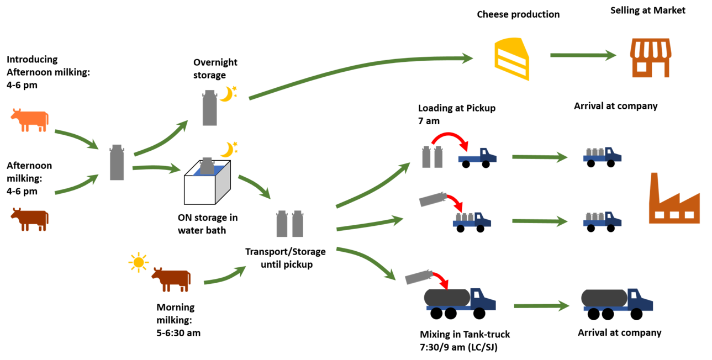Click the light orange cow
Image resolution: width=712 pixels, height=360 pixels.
click(30, 120)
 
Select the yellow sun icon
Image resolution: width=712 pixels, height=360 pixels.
click(138, 262)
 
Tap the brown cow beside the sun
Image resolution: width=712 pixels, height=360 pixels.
click(172, 279)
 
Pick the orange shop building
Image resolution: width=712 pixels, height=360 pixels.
click(651, 57)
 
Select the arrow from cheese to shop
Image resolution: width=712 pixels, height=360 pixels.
click(583, 55)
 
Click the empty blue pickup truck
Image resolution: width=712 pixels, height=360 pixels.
click(477, 156)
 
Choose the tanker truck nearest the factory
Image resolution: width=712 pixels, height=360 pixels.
click(616, 300)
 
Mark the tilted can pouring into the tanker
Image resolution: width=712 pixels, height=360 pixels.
click(418, 277)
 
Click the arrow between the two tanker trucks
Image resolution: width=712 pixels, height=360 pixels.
click(541, 305)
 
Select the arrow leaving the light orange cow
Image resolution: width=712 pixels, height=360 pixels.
click(76, 139)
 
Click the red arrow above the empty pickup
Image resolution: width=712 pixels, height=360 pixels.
click(450, 137)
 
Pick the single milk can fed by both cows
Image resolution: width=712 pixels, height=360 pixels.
click(117, 162)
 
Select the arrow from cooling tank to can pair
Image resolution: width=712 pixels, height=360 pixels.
click(255, 187)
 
